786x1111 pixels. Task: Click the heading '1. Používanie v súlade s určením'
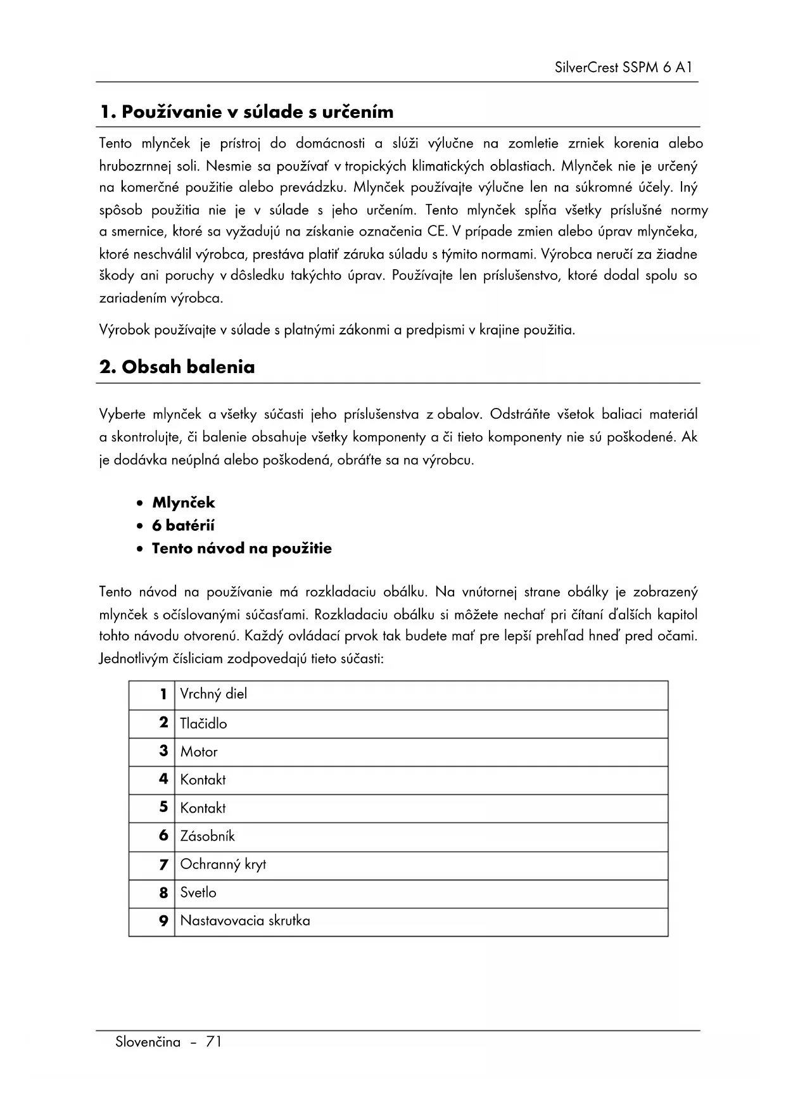(246, 112)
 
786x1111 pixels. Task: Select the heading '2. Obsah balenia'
(177, 367)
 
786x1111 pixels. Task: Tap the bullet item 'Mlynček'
(183, 503)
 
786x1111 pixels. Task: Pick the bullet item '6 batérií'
(183, 526)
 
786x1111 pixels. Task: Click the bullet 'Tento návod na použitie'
(241, 549)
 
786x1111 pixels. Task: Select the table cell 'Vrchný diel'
(213, 694)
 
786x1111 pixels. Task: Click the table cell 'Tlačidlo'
(203, 723)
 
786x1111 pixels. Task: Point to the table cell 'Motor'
(199, 752)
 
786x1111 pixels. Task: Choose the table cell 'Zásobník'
(207, 836)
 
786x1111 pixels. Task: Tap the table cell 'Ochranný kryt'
(223, 865)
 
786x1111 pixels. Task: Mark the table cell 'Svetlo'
(198, 893)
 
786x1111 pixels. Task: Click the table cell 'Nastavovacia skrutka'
(245, 921)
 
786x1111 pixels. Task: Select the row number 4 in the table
(163, 779)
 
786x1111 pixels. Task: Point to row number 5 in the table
(163, 808)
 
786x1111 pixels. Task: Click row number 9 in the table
(163, 921)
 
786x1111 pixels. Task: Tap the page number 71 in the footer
(213, 1042)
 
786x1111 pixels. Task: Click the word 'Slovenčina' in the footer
(148, 1042)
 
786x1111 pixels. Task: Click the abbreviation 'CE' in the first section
(436, 232)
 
